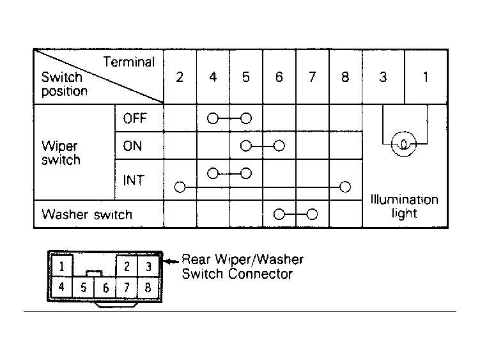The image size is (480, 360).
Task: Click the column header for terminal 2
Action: coord(180,77)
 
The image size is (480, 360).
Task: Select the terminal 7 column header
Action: coord(312,77)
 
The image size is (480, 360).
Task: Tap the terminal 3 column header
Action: coord(383,77)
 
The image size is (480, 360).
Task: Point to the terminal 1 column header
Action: coord(426,77)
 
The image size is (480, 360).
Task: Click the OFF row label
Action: coord(135,118)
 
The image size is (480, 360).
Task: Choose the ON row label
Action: coord(132,146)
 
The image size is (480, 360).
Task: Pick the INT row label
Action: coord(133,180)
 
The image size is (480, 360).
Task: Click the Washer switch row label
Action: coord(87,214)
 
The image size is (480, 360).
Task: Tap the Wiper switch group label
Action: coord(61,153)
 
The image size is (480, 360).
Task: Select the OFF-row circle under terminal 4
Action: coord(213,118)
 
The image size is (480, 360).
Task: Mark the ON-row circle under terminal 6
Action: coord(279,146)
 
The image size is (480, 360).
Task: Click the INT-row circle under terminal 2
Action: coord(180,187)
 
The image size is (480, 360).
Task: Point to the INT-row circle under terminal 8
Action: coord(345,187)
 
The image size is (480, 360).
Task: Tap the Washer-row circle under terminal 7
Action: coord(312,214)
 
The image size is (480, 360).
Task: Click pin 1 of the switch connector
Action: coord(62,266)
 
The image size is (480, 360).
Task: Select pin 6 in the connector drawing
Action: coord(105,288)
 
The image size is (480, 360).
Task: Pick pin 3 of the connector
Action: coord(148,266)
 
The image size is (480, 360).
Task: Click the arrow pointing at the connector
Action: coord(171,262)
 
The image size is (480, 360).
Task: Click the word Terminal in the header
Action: coord(129,62)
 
